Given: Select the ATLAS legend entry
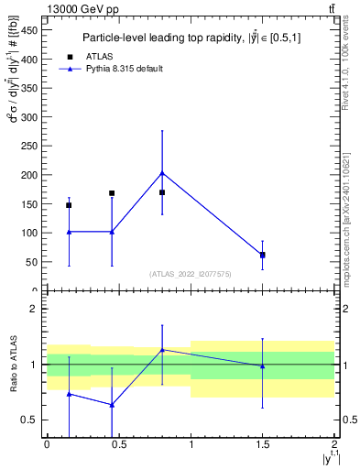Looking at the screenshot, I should [x=92, y=56].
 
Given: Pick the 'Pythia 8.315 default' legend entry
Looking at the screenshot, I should [x=119, y=69].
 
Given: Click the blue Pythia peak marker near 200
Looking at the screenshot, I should [x=162, y=172].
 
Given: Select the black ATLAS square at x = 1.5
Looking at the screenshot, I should [x=263, y=255].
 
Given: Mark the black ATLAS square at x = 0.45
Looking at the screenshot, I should [x=112, y=193].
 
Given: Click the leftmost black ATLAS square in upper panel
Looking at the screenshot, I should [x=69, y=205].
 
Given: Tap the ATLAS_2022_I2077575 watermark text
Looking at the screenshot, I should [x=190, y=274].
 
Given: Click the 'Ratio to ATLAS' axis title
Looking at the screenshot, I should [x=12, y=364].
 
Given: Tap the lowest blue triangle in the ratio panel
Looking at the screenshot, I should [x=112, y=405].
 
